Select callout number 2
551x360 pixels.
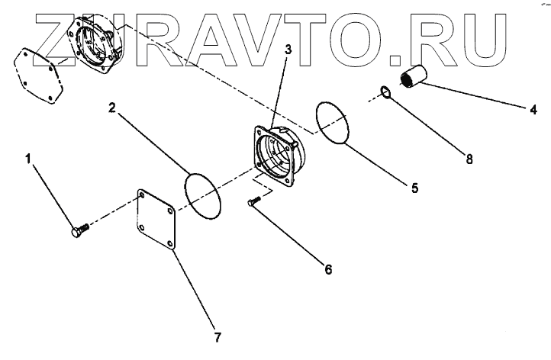111,108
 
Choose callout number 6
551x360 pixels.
328,268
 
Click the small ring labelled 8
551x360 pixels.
386,94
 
